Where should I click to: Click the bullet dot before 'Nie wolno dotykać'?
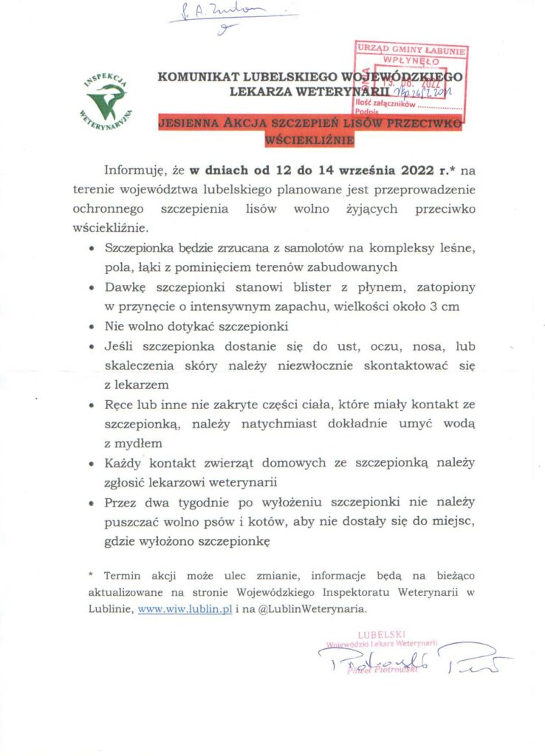pyautogui.click(x=91, y=326)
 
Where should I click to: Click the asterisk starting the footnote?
pyautogui.click(x=92, y=574)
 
